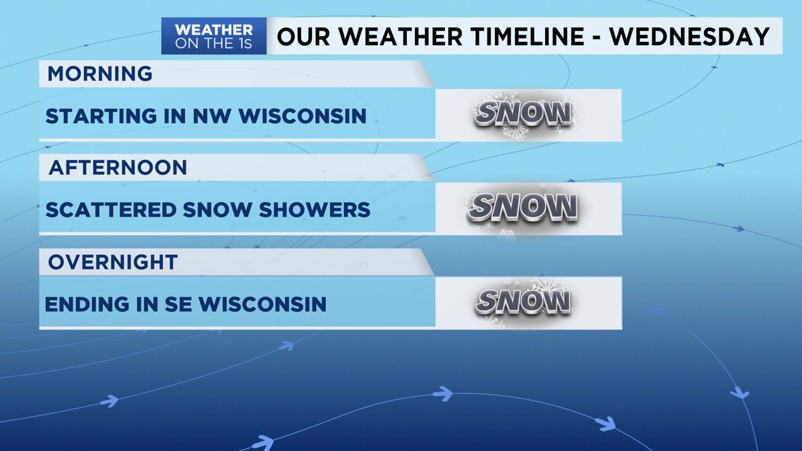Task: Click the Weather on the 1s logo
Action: tap(214, 36)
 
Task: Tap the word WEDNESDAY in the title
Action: tap(690, 36)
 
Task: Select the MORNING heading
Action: tap(100, 74)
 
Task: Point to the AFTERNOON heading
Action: tap(118, 168)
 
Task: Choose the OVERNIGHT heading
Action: tap(113, 262)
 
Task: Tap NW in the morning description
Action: tap(190, 116)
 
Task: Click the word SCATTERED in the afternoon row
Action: tap(110, 210)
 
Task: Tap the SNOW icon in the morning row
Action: tap(524, 114)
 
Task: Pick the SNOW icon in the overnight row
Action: tap(524, 302)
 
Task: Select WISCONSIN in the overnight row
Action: tap(263, 304)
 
